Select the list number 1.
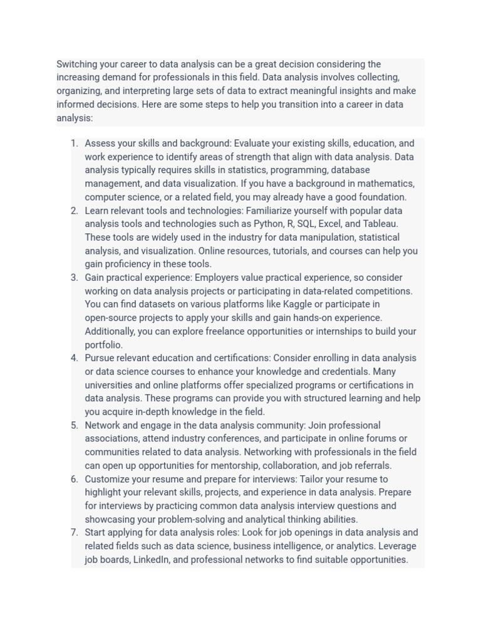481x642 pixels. (74, 143)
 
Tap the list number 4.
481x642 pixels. (74, 358)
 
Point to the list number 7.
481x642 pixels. (74, 532)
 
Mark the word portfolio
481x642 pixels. (103, 345)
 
